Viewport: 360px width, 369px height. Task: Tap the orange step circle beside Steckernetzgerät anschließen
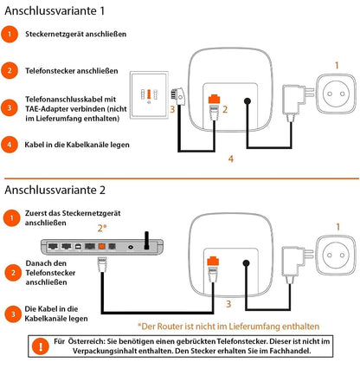tap(9, 35)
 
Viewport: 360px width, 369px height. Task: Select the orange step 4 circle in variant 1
tap(9, 144)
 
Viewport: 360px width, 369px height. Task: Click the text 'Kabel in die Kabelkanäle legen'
tap(78, 144)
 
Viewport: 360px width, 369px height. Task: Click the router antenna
tap(146, 238)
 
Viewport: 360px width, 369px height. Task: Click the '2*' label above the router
tap(102, 229)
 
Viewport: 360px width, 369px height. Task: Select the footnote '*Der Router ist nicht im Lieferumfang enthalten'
tap(228, 326)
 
